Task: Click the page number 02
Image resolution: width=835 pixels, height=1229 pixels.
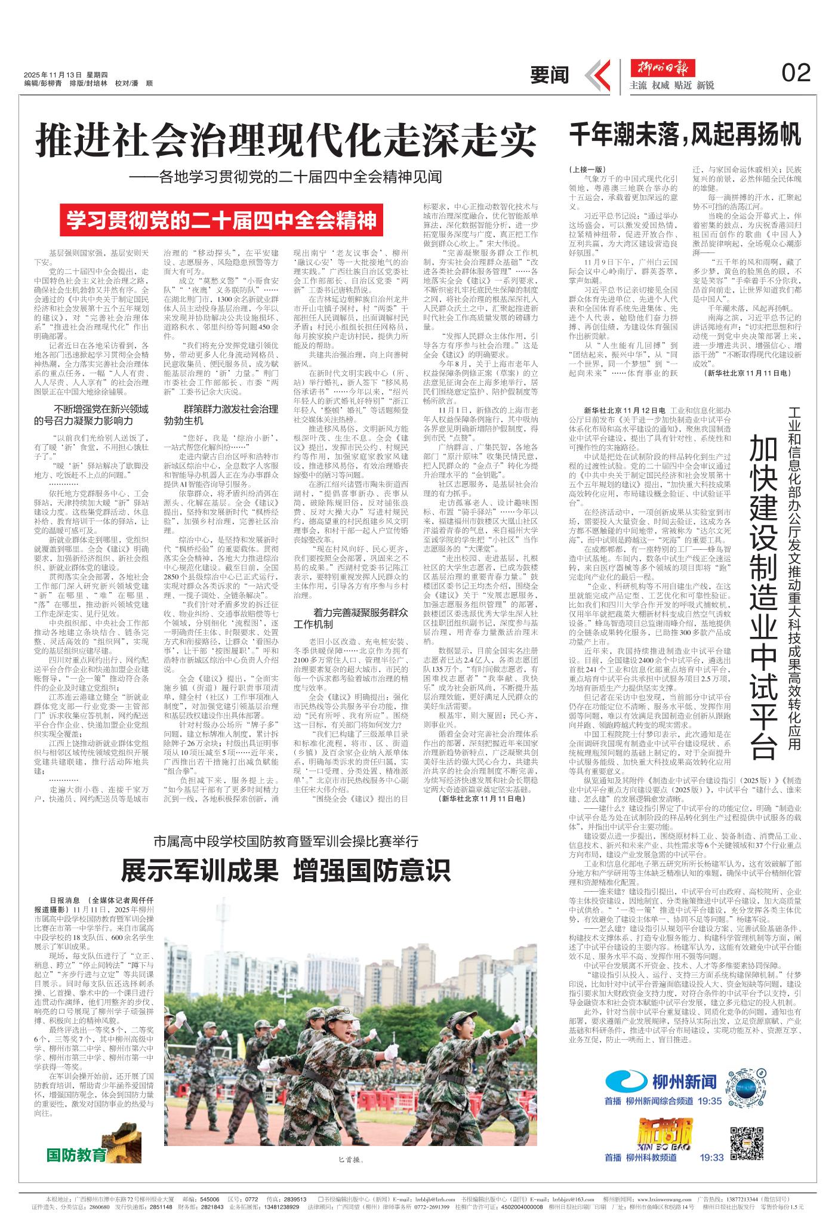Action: tap(796, 73)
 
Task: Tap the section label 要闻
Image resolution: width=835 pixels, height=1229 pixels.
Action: tap(550, 75)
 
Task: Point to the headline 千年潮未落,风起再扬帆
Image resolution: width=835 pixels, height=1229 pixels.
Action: tap(685, 134)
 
